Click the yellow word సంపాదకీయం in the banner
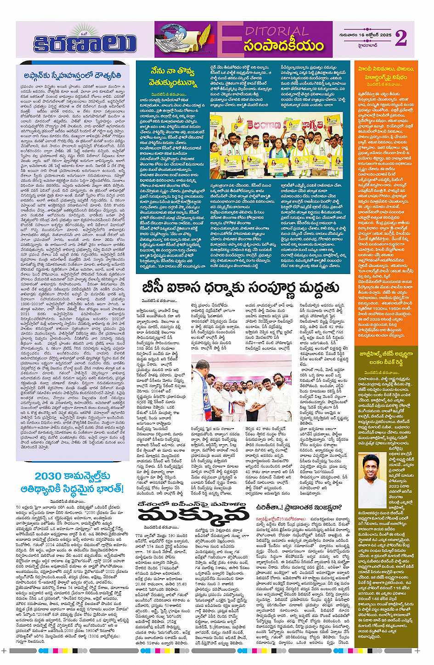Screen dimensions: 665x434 coord(283,46)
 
